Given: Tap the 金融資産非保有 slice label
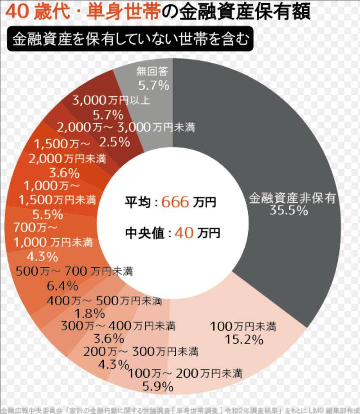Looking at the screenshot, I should (x=292, y=198).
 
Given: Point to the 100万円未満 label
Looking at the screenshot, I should (x=243, y=327).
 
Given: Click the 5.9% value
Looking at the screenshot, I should (x=158, y=387).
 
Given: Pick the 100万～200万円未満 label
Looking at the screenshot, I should (x=185, y=373).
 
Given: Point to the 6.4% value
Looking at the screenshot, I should (x=63, y=285).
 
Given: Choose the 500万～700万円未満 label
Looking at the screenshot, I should (x=74, y=271).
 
